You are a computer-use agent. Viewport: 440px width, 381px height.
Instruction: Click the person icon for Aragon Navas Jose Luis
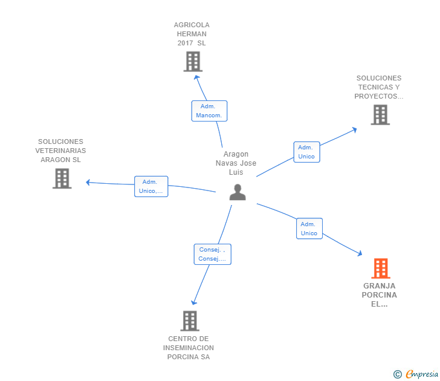[238, 192]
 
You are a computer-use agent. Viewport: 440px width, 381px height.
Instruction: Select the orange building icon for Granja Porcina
[381, 268]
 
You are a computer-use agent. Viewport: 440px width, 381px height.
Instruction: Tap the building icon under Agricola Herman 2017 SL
[193, 62]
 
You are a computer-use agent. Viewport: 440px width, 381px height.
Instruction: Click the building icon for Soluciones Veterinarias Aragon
[62, 178]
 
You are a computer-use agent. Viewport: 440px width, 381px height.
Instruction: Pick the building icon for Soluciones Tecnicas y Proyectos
[380, 114]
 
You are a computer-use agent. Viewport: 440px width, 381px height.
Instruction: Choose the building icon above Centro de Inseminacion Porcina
[190, 321]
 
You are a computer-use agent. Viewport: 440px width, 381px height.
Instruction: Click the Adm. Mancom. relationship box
[209, 111]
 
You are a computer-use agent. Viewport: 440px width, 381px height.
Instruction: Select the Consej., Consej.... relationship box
[212, 254]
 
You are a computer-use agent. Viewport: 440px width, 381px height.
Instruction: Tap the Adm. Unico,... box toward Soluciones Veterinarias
[151, 186]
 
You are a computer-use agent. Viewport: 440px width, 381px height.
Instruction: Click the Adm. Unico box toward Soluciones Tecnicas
[306, 152]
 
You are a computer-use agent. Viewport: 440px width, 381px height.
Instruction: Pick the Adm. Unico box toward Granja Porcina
[309, 229]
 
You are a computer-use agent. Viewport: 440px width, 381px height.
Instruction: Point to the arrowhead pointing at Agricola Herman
[196, 77]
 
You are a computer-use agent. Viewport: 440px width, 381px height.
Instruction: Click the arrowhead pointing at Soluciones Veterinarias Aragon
[88, 183]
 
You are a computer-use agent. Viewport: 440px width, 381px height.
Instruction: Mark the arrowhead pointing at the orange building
[360, 253]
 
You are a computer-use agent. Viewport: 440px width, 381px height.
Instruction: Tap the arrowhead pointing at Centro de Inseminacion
[193, 302]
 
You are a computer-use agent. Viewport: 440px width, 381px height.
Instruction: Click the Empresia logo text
[422, 374]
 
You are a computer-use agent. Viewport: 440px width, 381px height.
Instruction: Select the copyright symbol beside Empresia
[398, 374]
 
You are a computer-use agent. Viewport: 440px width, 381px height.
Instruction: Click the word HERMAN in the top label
[192, 34]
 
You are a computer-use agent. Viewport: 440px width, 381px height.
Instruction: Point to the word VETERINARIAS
[60, 151]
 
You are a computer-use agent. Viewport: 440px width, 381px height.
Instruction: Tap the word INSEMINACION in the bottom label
[189, 348]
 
